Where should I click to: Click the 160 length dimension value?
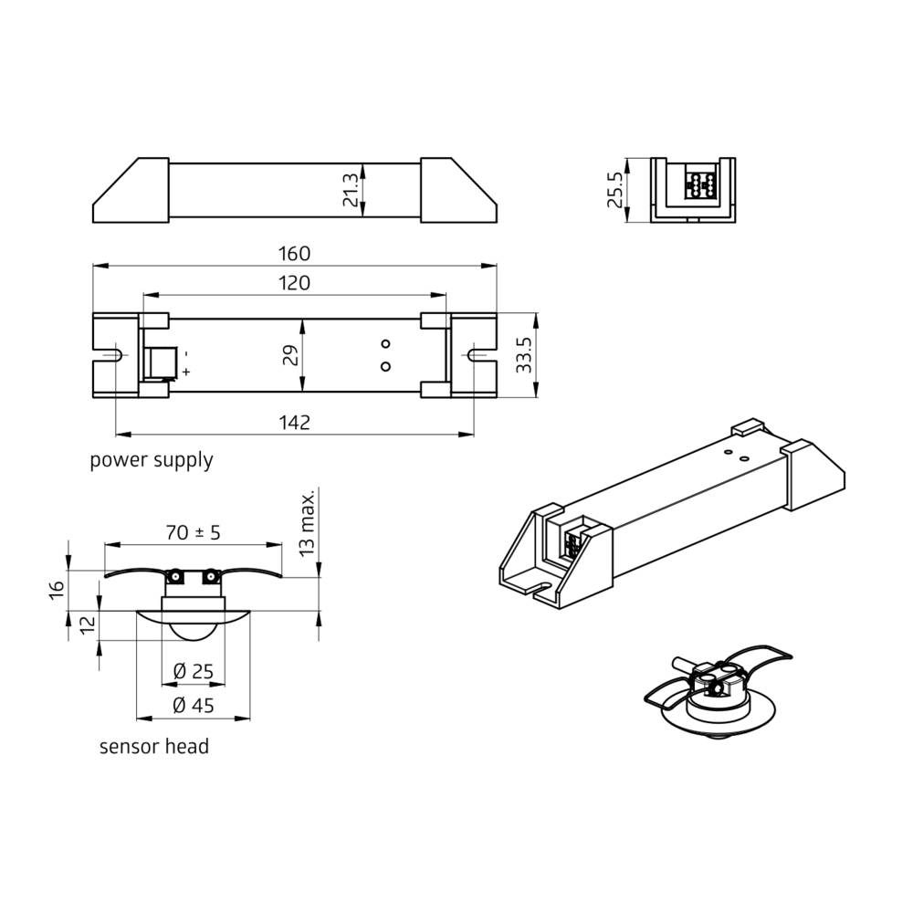(x=295, y=253)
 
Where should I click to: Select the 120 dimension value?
(x=295, y=283)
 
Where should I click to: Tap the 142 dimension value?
(x=295, y=422)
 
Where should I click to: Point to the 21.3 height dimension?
(x=351, y=191)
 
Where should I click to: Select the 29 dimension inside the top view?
(x=289, y=355)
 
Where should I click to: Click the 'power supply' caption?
(x=151, y=459)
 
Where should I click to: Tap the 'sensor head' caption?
(x=153, y=747)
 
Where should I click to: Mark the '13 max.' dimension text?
(x=308, y=522)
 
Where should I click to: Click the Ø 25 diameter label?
(x=193, y=671)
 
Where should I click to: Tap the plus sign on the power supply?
(x=186, y=372)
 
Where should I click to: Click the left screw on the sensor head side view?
(x=173, y=576)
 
